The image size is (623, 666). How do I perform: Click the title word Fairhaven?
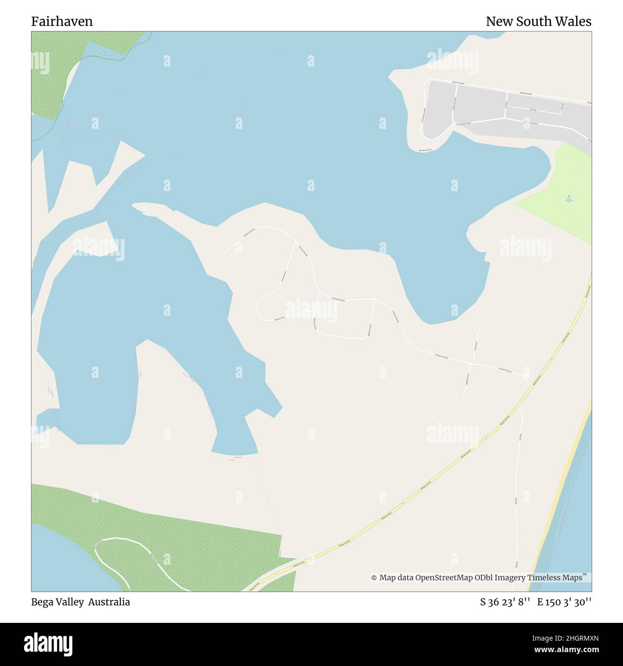click(x=62, y=22)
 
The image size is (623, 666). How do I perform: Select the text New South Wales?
click(x=538, y=22)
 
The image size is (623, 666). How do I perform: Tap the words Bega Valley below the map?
click(x=58, y=602)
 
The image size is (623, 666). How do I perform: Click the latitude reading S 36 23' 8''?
click(x=505, y=602)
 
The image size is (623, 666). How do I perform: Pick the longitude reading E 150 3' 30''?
click(x=564, y=602)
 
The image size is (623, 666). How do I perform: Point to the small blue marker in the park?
click(x=569, y=196)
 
